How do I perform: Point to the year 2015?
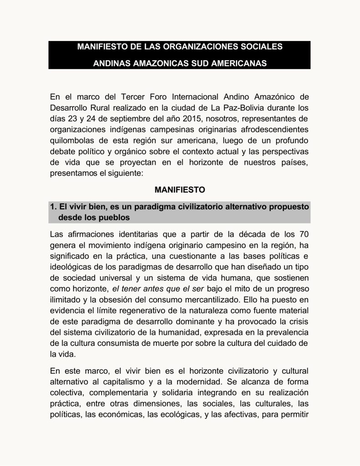pyautogui.click(x=176, y=119)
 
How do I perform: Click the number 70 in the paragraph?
pyautogui.click(x=303, y=235)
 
